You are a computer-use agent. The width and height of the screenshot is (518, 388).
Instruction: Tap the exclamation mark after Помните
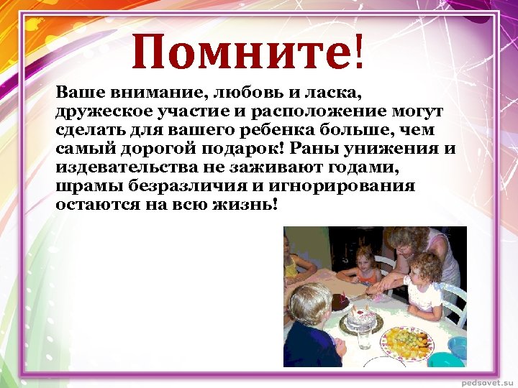click(x=358, y=52)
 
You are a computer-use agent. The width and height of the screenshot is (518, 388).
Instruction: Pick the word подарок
click(x=259, y=149)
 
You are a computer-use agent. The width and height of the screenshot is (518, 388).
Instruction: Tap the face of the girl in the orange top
click(x=366, y=259)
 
